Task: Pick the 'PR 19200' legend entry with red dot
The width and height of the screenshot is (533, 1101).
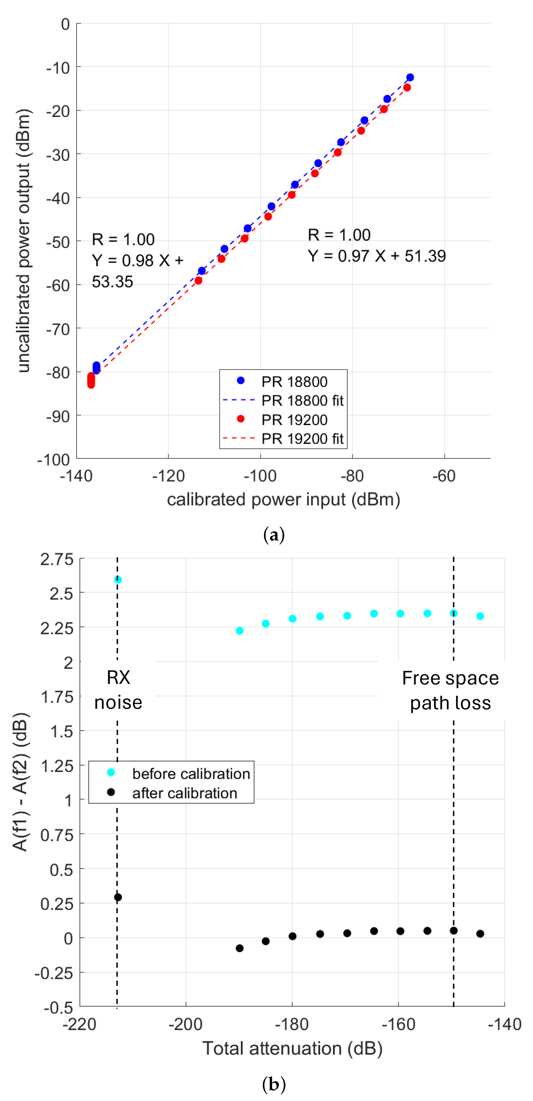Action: (x=294, y=420)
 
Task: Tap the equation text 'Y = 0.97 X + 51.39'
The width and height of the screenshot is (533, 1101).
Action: (x=377, y=256)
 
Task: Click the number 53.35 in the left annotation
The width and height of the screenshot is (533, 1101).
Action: (x=112, y=282)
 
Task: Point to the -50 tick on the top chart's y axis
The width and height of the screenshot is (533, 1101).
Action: (x=59, y=242)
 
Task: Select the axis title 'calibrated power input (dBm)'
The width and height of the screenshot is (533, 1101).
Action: (x=283, y=499)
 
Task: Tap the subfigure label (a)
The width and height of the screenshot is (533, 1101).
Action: (x=273, y=535)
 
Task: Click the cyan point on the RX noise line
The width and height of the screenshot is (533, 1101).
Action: (x=118, y=580)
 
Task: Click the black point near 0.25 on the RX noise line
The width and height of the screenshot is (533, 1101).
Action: (x=118, y=897)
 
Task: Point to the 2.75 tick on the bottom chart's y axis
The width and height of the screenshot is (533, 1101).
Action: (x=57, y=559)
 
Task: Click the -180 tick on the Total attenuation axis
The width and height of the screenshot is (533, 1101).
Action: (x=292, y=1025)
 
